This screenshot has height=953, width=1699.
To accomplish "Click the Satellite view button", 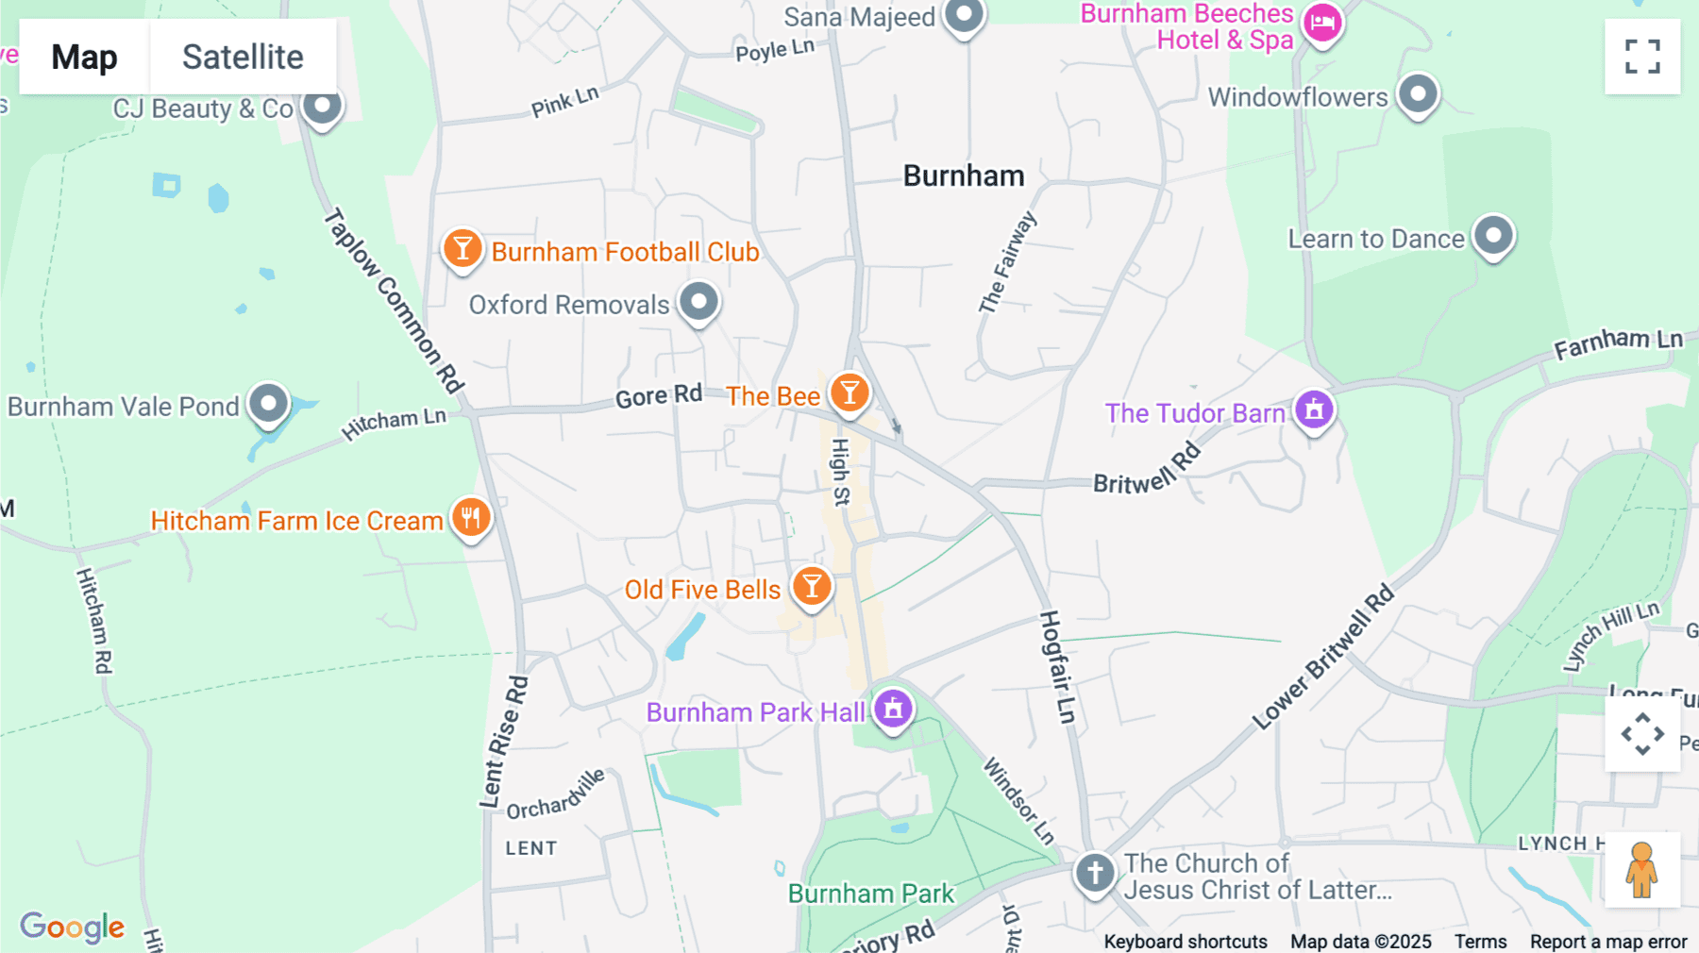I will click(x=243, y=57).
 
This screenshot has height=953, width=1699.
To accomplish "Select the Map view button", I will click(x=84, y=57).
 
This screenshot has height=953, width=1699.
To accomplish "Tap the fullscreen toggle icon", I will click(x=1642, y=57).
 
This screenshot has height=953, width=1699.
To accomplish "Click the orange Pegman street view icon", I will click(x=1641, y=869).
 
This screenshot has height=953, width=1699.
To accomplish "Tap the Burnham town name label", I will click(x=963, y=176).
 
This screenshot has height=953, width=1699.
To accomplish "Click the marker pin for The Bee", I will click(x=849, y=392).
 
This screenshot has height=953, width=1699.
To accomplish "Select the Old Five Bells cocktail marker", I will click(x=812, y=586).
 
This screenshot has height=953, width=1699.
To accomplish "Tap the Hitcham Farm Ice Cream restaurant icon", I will click(x=471, y=517).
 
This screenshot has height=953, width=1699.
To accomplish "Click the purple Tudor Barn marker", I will click(x=1314, y=410).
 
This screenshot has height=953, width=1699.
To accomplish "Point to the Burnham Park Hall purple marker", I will click(x=893, y=708).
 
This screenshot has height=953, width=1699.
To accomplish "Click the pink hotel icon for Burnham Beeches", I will click(x=1322, y=23).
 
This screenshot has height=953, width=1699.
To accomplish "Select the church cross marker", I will click(x=1095, y=873).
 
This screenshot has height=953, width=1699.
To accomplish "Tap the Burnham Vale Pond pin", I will click(x=269, y=404).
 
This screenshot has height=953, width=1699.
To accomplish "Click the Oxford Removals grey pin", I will click(x=699, y=302).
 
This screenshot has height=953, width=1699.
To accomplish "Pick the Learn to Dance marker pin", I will click(x=1494, y=235).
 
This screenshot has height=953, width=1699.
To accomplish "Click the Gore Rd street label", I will click(x=658, y=395).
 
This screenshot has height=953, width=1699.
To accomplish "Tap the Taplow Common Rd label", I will click(x=394, y=300).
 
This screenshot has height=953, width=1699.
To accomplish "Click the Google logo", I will click(x=73, y=927).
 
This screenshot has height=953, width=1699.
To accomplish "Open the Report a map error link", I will click(x=1607, y=941).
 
